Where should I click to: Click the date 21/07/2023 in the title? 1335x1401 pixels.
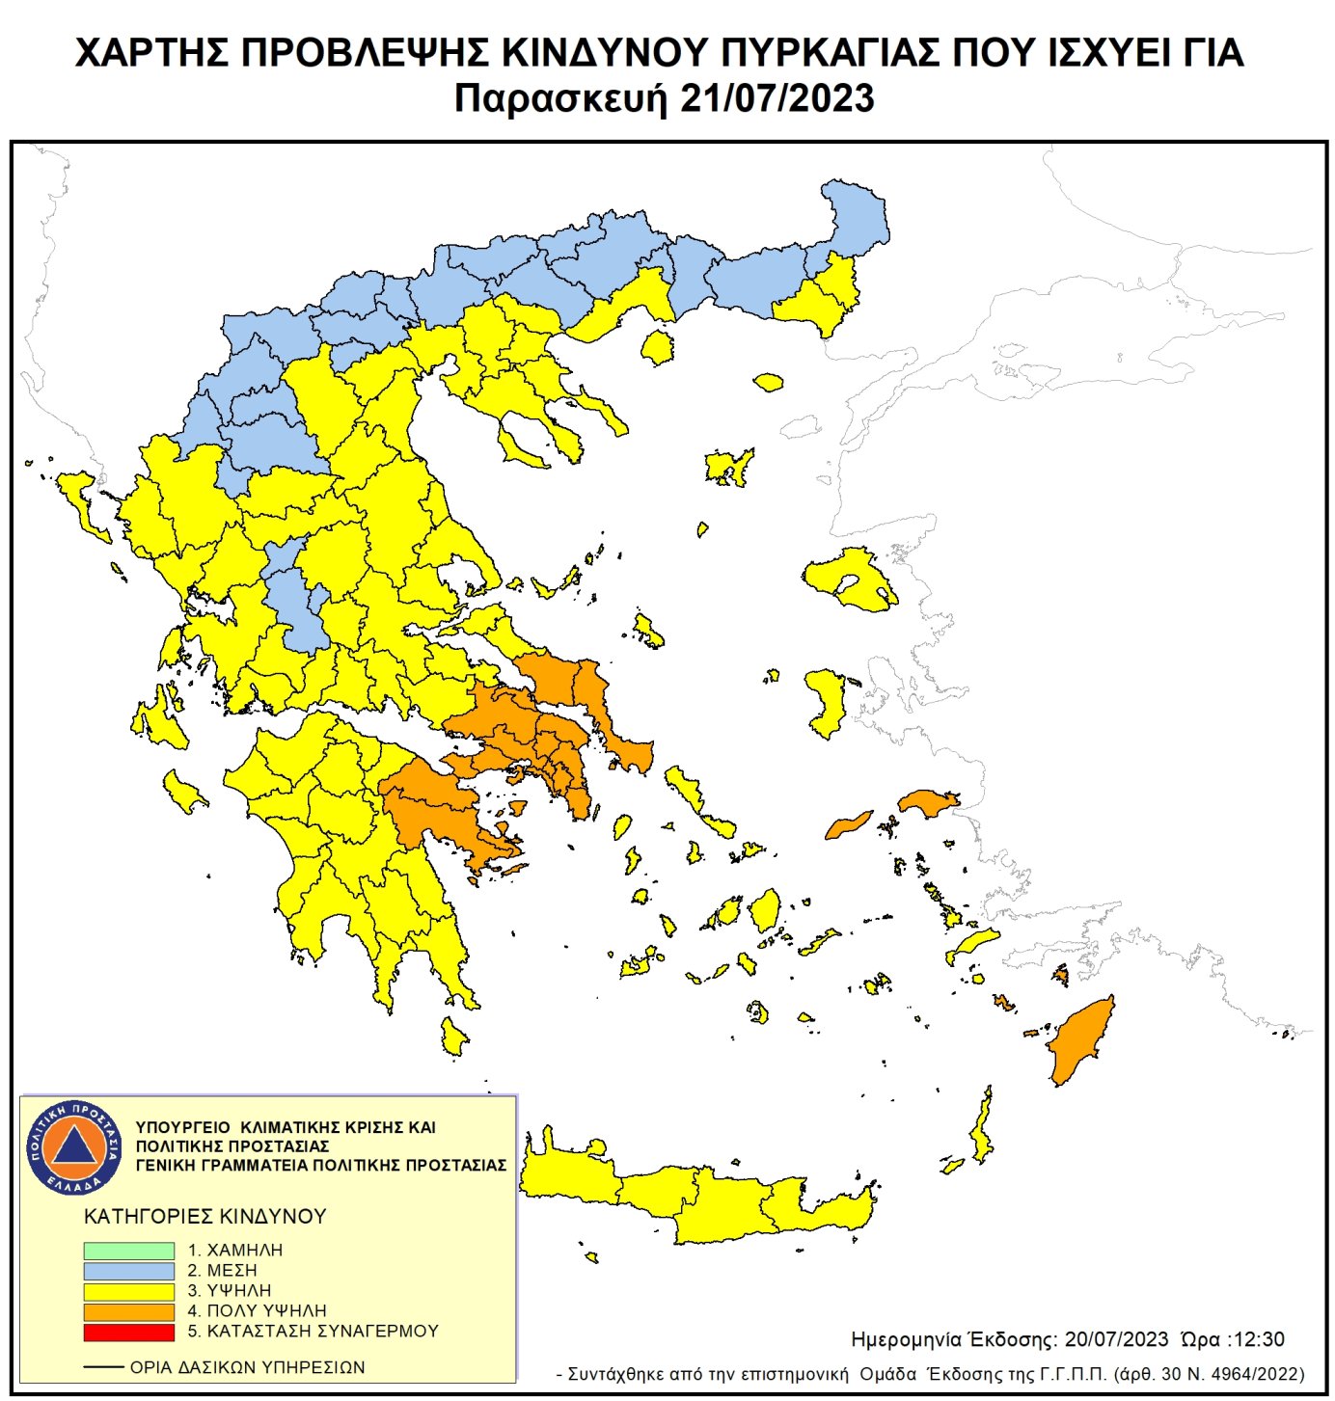click(x=776, y=99)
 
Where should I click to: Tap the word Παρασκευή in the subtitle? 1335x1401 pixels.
click(x=561, y=99)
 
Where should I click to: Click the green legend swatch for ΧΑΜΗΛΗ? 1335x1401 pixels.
click(x=128, y=1251)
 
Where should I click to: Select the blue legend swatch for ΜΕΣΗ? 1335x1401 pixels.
click(x=128, y=1271)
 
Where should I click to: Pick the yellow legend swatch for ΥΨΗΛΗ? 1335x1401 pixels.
click(x=128, y=1291)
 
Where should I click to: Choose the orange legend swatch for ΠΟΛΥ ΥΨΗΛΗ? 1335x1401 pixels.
click(x=128, y=1311)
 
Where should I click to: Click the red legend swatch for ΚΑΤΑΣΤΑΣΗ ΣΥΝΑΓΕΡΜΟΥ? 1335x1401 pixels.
click(x=128, y=1332)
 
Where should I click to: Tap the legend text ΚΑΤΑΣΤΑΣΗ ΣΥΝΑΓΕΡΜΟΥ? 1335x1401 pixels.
click(x=322, y=1332)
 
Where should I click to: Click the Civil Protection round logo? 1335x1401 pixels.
click(x=74, y=1146)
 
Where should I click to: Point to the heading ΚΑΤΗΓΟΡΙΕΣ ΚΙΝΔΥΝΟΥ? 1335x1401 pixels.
click(x=205, y=1217)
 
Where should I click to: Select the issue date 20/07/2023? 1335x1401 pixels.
click(x=1116, y=1339)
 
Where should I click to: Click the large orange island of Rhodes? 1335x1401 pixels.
click(x=1080, y=1041)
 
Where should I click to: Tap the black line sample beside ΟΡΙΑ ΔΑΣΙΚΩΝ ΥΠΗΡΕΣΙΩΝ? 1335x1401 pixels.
click(x=103, y=1367)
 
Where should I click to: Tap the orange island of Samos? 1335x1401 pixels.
click(x=928, y=802)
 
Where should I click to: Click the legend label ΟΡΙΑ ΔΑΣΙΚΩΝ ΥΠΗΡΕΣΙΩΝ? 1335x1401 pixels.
click(x=247, y=1367)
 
